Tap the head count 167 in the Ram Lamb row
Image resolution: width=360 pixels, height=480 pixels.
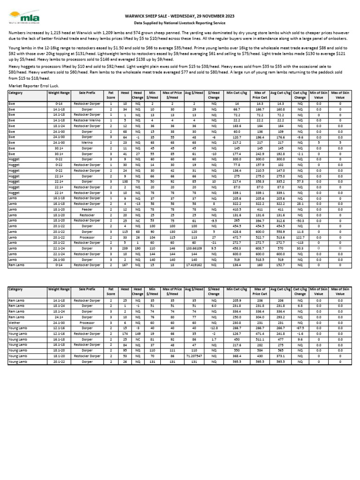pos(125,265)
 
